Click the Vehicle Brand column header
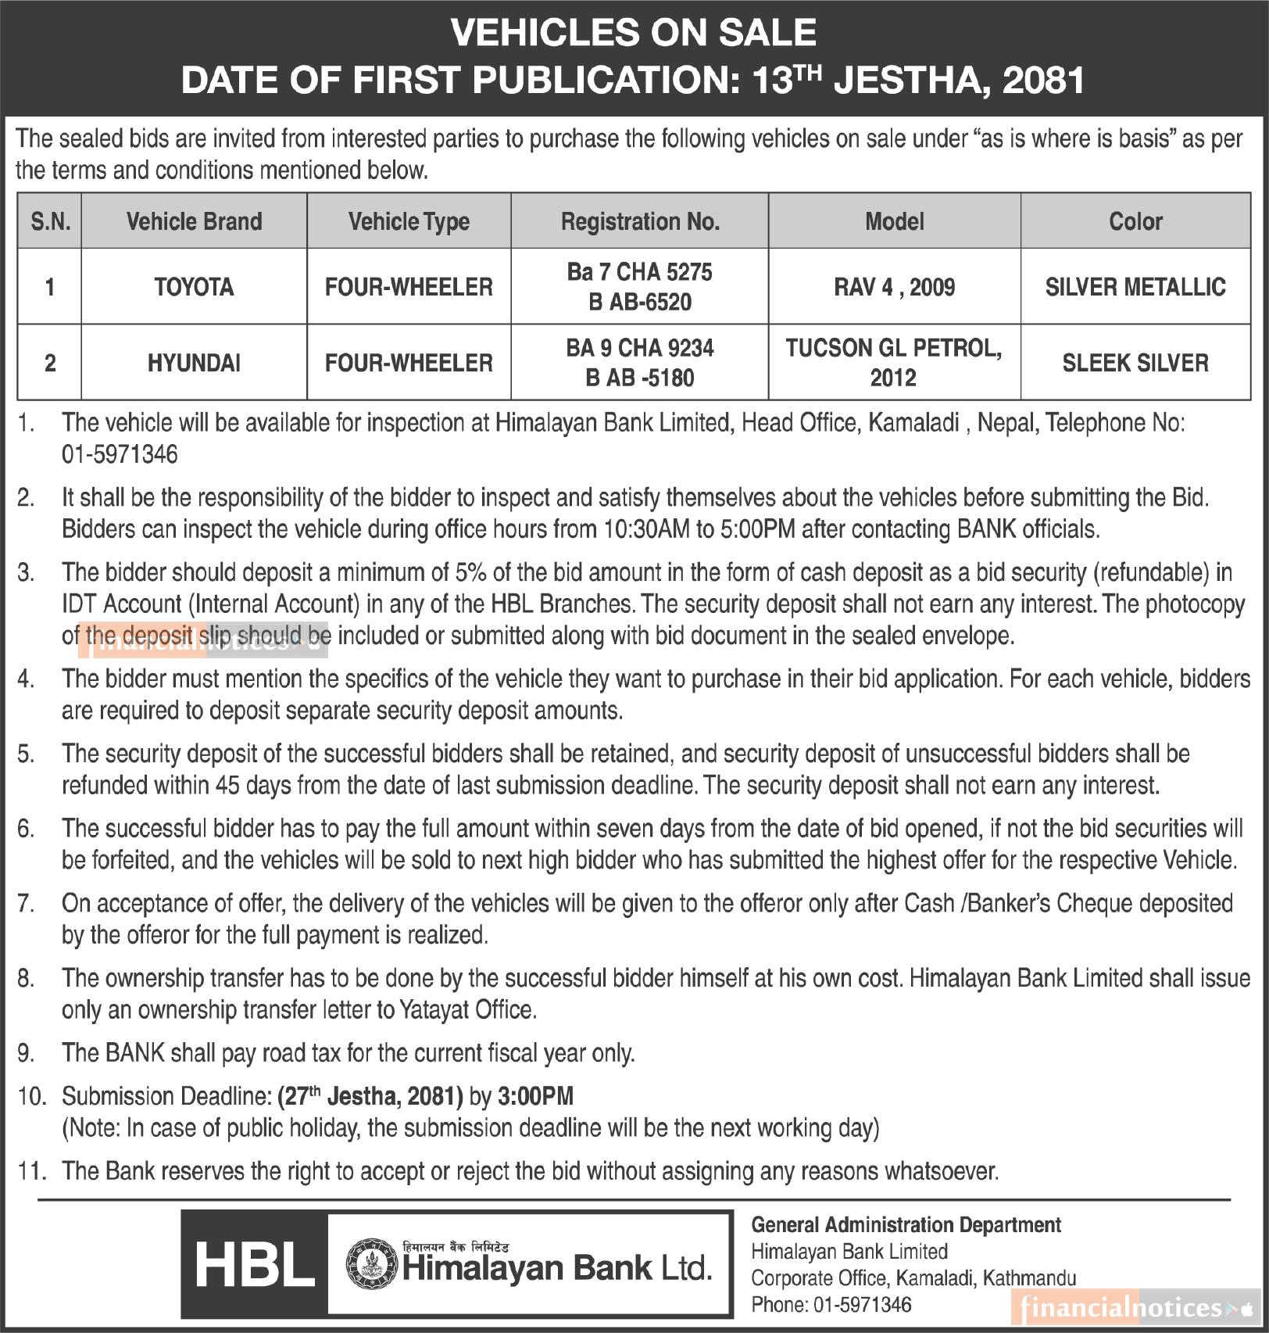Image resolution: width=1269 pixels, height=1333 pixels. (x=194, y=222)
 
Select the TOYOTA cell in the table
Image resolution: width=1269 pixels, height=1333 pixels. (x=194, y=287)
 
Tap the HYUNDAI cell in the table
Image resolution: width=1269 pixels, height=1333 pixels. (x=194, y=363)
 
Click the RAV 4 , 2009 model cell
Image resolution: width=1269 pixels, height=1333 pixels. (x=894, y=287)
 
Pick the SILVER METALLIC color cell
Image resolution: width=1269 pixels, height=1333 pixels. (x=1135, y=287)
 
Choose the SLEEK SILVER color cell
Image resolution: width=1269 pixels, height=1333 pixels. (x=1135, y=363)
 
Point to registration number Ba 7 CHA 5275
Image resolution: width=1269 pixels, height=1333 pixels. (x=639, y=272)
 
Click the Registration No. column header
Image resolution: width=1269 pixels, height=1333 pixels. (x=639, y=222)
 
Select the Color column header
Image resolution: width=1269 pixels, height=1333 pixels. (x=1135, y=222)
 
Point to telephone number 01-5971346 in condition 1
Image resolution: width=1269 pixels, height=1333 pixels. (x=120, y=454)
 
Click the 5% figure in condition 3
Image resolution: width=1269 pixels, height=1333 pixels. (x=471, y=572)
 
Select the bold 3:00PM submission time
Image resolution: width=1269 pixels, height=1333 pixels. (x=535, y=1096)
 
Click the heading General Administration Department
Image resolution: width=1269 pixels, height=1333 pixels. (x=906, y=1225)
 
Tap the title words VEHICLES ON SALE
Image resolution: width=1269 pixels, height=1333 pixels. (x=634, y=33)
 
